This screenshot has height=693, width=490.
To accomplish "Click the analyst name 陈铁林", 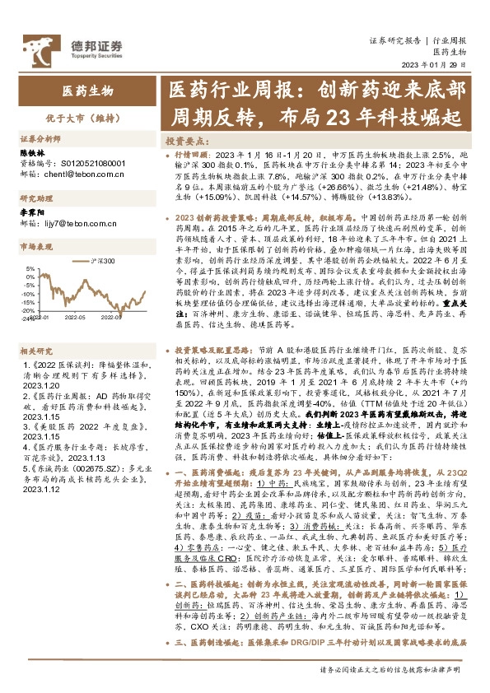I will [x=30, y=153].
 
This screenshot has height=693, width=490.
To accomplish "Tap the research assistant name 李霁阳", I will [x=30, y=213].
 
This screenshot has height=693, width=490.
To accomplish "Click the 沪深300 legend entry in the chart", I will [x=102, y=260].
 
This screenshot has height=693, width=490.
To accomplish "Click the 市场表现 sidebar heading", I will [x=36, y=245].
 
